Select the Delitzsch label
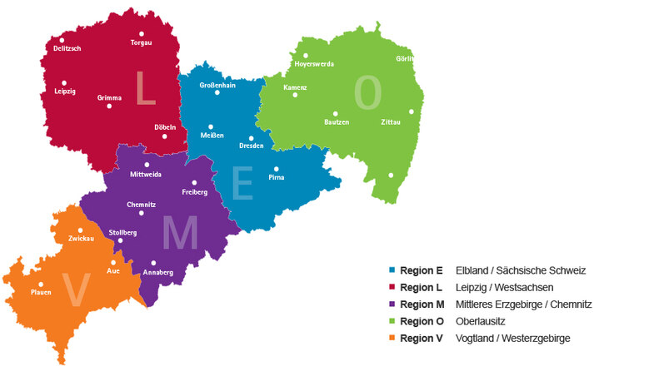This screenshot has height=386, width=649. point(66,49)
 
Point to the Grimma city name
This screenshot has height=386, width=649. point(109,97)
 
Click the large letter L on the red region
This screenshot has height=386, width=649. point(145,88)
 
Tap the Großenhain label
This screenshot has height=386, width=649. point(217,86)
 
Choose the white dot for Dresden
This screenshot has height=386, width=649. point(251,138)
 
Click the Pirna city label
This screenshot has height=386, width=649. point(277,177)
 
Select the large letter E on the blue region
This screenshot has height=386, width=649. point(242,184)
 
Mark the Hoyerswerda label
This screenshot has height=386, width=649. point(314,64)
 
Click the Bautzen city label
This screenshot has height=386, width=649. point(337,122)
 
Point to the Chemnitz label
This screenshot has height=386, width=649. point(141,205)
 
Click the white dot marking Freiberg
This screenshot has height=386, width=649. point(194,183)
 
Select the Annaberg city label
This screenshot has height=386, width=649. point(158,272)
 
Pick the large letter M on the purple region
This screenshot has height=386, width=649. point(180,234)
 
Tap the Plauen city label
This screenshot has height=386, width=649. point(41,292)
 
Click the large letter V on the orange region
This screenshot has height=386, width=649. point(77,290)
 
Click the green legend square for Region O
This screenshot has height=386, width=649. point(392,321)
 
